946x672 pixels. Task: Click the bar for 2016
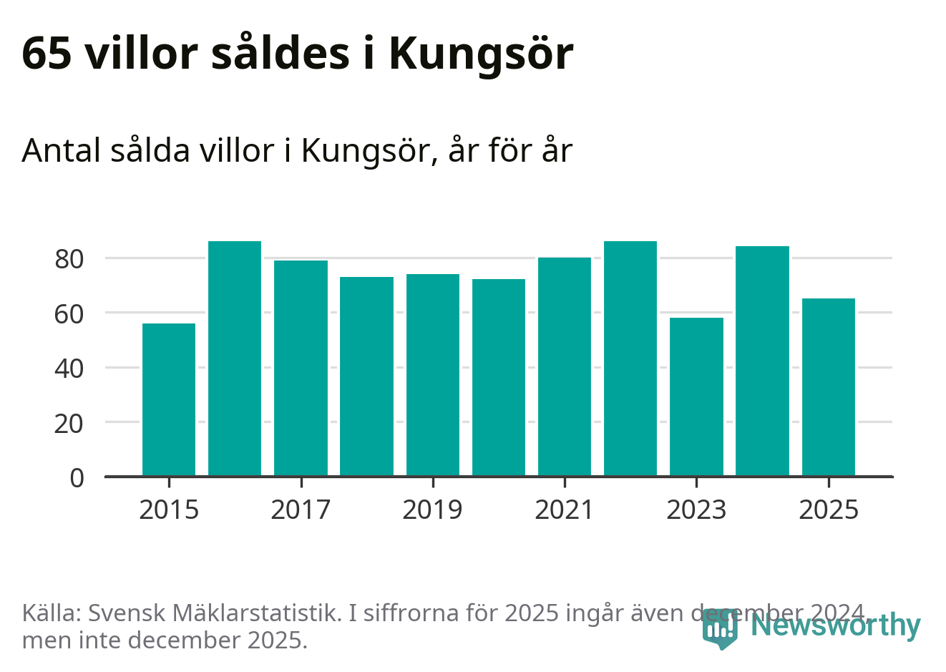point(235,359)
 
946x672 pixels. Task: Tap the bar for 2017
point(301,368)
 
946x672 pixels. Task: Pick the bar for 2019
point(433,375)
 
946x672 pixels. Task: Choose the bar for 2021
point(565,366)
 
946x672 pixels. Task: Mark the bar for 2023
point(696,396)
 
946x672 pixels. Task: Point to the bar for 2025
point(829,387)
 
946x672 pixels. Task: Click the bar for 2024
point(762,361)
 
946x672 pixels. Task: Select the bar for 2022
point(630,359)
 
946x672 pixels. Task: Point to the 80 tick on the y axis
point(69,259)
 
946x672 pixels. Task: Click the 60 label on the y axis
point(69,313)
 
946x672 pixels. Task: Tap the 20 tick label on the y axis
point(69,424)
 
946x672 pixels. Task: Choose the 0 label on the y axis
point(77,478)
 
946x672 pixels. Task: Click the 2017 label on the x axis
point(301,510)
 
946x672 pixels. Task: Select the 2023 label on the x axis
point(696,510)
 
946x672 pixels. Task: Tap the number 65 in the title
point(47,53)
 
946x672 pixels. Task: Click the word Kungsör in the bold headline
point(481,54)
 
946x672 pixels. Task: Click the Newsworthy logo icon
point(720,628)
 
